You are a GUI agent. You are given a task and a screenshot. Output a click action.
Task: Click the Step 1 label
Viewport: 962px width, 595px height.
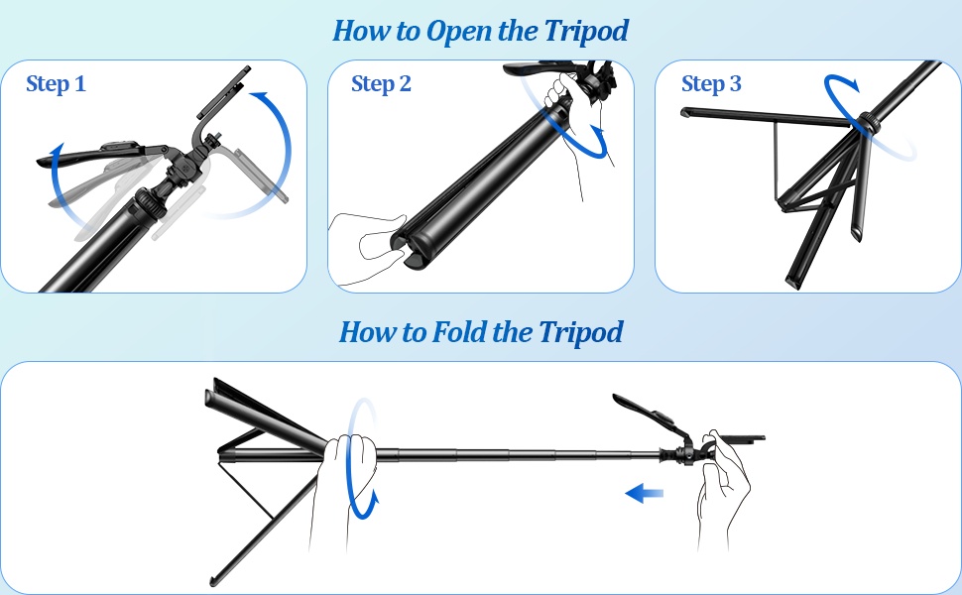tap(56, 84)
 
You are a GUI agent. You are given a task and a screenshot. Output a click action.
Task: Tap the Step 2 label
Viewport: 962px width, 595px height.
tap(381, 84)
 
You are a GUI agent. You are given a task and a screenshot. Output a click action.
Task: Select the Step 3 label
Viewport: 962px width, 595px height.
tap(711, 84)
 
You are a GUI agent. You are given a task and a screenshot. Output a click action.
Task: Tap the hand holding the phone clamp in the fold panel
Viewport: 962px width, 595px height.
tap(721, 486)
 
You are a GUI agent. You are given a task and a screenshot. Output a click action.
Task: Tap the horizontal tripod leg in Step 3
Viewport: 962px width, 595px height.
tap(764, 117)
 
